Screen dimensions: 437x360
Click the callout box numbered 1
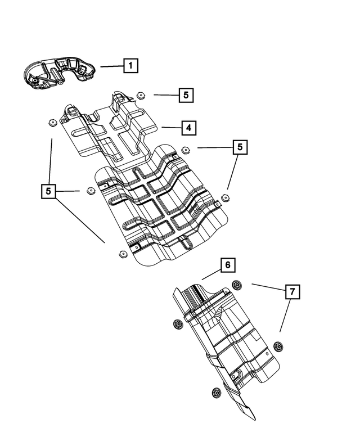(x=130, y=66)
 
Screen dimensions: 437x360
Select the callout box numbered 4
(x=189, y=128)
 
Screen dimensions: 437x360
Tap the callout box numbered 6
(x=227, y=265)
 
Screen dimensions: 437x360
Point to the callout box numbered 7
(x=292, y=292)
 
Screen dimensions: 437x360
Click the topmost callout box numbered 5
(x=186, y=95)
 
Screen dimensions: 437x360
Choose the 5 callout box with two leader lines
(x=240, y=147)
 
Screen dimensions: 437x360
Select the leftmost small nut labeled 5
(x=51, y=123)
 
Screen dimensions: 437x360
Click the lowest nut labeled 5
(x=122, y=254)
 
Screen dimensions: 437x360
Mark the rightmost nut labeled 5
(x=226, y=197)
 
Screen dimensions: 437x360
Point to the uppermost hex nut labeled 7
(x=237, y=286)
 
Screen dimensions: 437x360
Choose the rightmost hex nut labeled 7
(x=277, y=345)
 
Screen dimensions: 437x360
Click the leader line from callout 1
(x=111, y=66)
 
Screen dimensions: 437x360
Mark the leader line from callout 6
(x=211, y=274)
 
